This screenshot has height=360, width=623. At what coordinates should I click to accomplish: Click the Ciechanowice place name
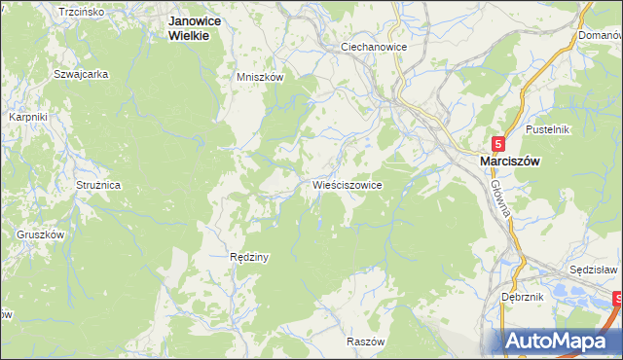(x=373, y=46)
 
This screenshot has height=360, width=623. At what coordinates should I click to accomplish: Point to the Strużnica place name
(x=97, y=184)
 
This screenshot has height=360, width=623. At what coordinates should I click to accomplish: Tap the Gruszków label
(x=40, y=234)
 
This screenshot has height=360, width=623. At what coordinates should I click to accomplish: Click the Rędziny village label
(x=248, y=258)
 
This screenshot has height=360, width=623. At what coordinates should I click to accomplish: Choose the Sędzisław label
(x=594, y=269)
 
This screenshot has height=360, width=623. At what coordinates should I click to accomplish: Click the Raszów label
(x=367, y=342)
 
